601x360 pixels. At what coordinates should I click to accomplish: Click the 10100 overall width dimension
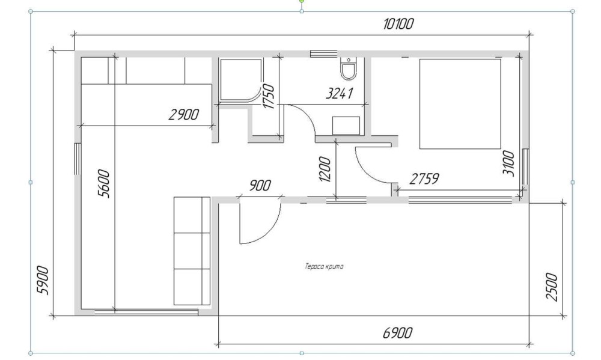tap(398, 24)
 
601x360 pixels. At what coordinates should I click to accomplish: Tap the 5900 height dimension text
tap(43, 280)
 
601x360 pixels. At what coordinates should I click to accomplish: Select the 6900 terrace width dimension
tap(398, 333)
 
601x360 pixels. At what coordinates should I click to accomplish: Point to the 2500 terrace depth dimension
tap(551, 287)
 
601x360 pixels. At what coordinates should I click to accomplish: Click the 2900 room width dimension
tap(183, 114)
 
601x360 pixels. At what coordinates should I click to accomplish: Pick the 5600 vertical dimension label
tap(104, 184)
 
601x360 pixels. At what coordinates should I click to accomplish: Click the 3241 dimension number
tap(339, 93)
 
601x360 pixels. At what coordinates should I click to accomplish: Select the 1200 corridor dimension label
tap(325, 169)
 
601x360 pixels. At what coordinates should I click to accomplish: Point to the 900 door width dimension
tap(260, 186)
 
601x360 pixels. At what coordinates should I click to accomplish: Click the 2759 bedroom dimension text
tap(424, 178)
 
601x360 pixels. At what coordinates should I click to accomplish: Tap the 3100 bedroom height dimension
tap(508, 163)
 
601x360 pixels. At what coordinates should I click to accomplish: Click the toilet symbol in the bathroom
tap(349, 69)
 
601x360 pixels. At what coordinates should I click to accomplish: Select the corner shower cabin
tap(240, 81)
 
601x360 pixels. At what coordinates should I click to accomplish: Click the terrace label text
tap(324, 266)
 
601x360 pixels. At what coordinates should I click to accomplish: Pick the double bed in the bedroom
tap(460, 103)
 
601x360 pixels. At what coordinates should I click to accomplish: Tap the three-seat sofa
tap(192, 251)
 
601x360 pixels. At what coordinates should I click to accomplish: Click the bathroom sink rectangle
tap(346, 126)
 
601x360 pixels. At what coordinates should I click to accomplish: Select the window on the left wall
tap(78, 159)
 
